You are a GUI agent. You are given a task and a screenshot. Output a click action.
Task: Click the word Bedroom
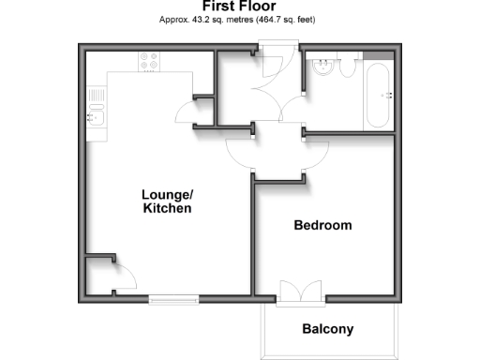point(322,225)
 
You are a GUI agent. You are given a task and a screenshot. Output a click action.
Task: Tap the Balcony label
point(327,329)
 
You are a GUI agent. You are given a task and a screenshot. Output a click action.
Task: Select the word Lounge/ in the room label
point(167,195)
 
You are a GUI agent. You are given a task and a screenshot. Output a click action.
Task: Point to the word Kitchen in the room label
point(167,209)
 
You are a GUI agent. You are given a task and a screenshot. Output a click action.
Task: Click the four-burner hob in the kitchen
point(148,61)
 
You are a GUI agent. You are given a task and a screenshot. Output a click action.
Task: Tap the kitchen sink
point(95,117)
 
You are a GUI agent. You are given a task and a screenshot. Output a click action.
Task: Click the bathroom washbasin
point(322,67)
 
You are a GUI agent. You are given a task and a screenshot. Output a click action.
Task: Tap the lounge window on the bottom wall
point(174,299)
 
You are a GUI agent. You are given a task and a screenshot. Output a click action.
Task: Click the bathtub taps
point(384,96)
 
